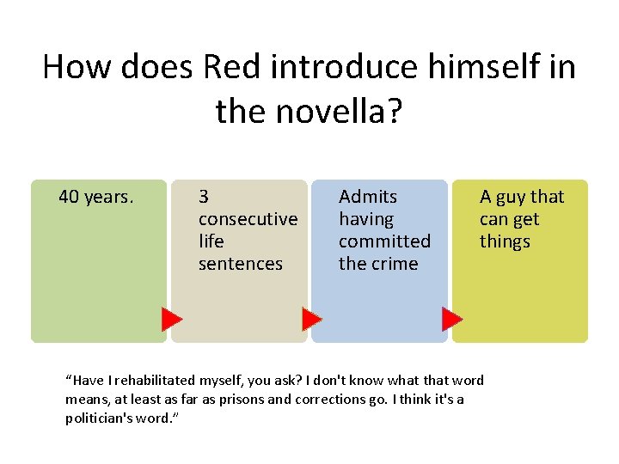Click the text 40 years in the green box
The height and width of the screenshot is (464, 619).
coord(95,197)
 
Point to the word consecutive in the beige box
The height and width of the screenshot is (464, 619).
coord(248,219)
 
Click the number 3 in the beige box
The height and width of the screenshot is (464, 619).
coord(204,197)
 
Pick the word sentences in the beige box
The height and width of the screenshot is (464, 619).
coord(240,264)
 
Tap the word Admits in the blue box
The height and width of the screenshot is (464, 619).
coord(368,197)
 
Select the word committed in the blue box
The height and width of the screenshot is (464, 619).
coord(384,241)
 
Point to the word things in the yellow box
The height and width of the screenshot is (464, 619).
coord(505,241)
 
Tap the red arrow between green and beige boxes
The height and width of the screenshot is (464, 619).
coord(172,321)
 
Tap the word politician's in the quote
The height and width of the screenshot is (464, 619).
coord(99,418)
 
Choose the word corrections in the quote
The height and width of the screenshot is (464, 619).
coord(330,400)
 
